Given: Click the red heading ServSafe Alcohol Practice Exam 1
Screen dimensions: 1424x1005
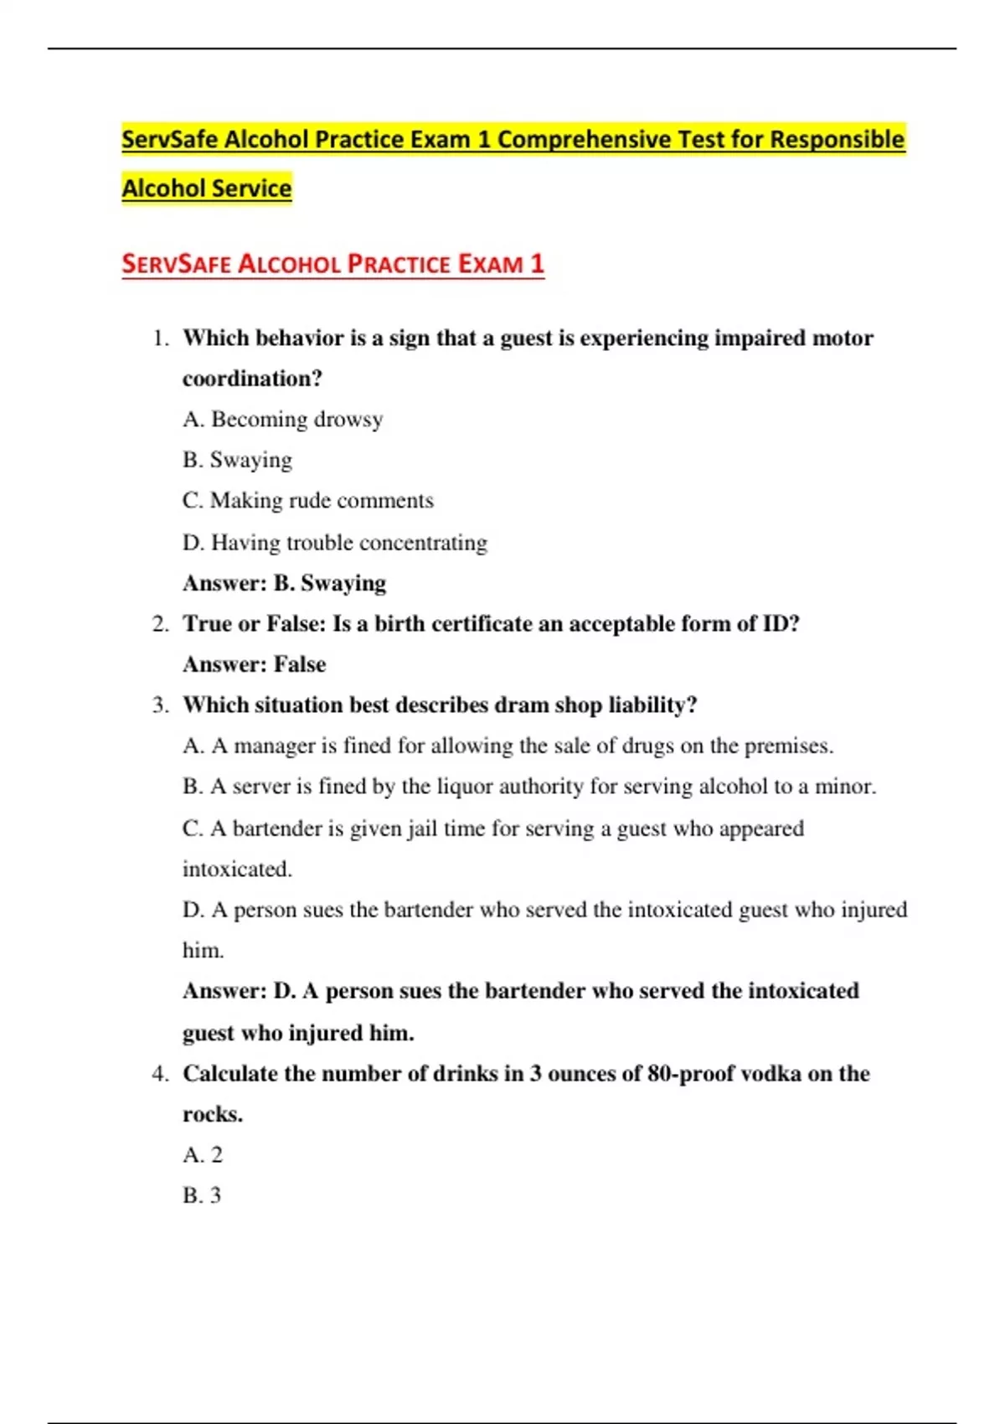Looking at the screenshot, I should [332, 264].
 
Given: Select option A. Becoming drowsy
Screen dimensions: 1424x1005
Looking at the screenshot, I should [282, 419].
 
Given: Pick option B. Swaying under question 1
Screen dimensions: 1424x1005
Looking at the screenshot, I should [237, 460].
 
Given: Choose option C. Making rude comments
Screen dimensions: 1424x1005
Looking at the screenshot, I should [307, 501].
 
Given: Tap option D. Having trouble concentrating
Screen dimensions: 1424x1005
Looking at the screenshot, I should [334, 543].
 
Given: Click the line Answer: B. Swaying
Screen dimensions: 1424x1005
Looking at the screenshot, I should [284, 583].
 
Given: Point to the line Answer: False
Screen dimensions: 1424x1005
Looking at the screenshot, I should [254, 664].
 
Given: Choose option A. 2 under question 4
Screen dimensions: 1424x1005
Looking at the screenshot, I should [203, 1155].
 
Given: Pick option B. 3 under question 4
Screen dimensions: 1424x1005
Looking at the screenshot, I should [202, 1195].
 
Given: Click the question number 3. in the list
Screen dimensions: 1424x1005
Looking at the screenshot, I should [160, 705].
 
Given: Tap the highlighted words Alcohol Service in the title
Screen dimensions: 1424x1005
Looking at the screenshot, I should [207, 188].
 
